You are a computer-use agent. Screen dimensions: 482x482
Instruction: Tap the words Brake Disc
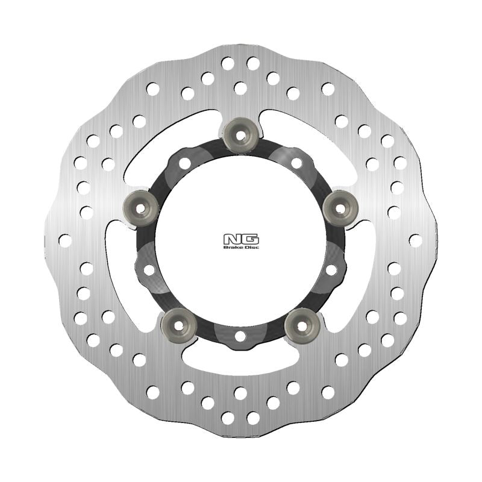[240, 247]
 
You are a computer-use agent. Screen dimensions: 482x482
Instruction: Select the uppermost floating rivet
[240, 135]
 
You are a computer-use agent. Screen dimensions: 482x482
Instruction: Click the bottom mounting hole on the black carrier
[240, 335]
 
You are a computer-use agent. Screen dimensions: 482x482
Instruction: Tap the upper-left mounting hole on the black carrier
[185, 163]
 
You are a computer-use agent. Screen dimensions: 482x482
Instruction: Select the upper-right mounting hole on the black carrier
[296, 163]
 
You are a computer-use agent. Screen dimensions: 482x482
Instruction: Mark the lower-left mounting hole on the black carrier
[149, 270]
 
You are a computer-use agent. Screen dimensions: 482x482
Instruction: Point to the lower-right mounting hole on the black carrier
[331, 270]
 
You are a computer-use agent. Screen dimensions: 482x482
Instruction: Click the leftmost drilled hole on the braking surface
[65, 240]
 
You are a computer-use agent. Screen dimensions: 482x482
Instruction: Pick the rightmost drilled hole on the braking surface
[415, 240]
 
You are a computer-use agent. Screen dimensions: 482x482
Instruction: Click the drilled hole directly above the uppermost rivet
[240, 89]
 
